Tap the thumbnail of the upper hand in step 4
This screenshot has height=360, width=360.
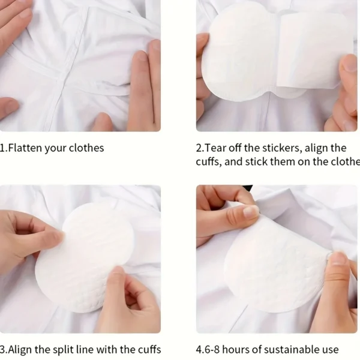(x=251, y=211)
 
